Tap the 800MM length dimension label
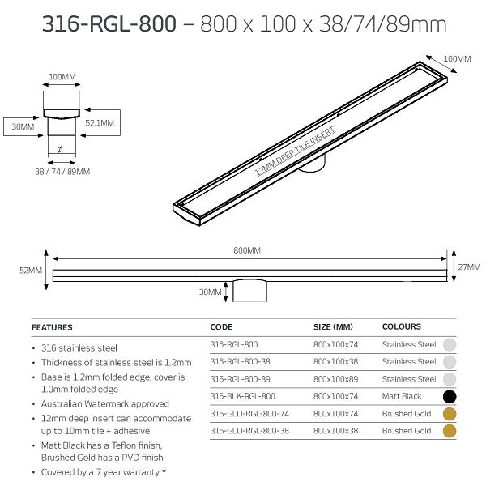[247, 251]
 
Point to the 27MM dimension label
[469, 266]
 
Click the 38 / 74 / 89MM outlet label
[62, 171]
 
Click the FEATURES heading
[52, 327]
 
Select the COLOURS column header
[402, 327]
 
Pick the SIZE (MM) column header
[333, 327]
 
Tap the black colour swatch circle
[450, 397]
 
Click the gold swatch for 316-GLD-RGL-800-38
[450, 431]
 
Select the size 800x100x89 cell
[335, 379]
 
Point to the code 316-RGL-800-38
[240, 362]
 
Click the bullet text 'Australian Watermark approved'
[104, 403]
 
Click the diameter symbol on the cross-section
[61, 149]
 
